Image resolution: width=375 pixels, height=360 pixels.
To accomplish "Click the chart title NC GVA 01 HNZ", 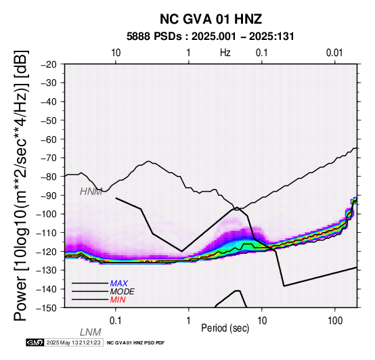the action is [211, 19].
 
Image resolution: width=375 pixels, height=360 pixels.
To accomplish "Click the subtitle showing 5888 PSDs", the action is [211, 37].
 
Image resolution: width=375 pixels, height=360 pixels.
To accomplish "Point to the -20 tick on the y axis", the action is [49, 64].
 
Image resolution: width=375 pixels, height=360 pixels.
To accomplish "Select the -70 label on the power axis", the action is [49, 158].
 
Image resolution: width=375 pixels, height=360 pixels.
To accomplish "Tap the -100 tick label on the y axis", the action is [47, 214].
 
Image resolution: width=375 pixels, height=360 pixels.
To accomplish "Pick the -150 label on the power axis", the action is [47, 307].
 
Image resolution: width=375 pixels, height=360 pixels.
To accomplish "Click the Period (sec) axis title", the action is [225, 328].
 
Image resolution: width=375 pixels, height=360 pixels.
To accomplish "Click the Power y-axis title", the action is [20, 185].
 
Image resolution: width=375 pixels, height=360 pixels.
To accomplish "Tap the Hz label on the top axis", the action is [225, 53].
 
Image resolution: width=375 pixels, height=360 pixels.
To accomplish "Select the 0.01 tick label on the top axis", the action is [334, 53].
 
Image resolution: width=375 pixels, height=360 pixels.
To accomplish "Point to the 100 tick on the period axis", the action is [335, 321].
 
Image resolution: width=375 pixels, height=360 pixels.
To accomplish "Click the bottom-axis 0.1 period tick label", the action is [115, 321].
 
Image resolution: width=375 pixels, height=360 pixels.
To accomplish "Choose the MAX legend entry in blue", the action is [119, 284].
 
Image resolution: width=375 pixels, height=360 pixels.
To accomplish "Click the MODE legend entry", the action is [123, 292].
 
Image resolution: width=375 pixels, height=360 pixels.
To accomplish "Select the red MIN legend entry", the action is [118, 300].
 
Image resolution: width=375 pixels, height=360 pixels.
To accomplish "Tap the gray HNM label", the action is [91, 192].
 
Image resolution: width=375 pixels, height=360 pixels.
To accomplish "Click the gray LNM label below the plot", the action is [91, 332].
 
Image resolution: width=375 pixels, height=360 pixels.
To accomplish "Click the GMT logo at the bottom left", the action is [35, 342].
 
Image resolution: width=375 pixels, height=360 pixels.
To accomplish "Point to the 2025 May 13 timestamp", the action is [73, 342].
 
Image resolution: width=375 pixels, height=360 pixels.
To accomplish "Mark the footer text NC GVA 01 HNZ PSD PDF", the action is [135, 343].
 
